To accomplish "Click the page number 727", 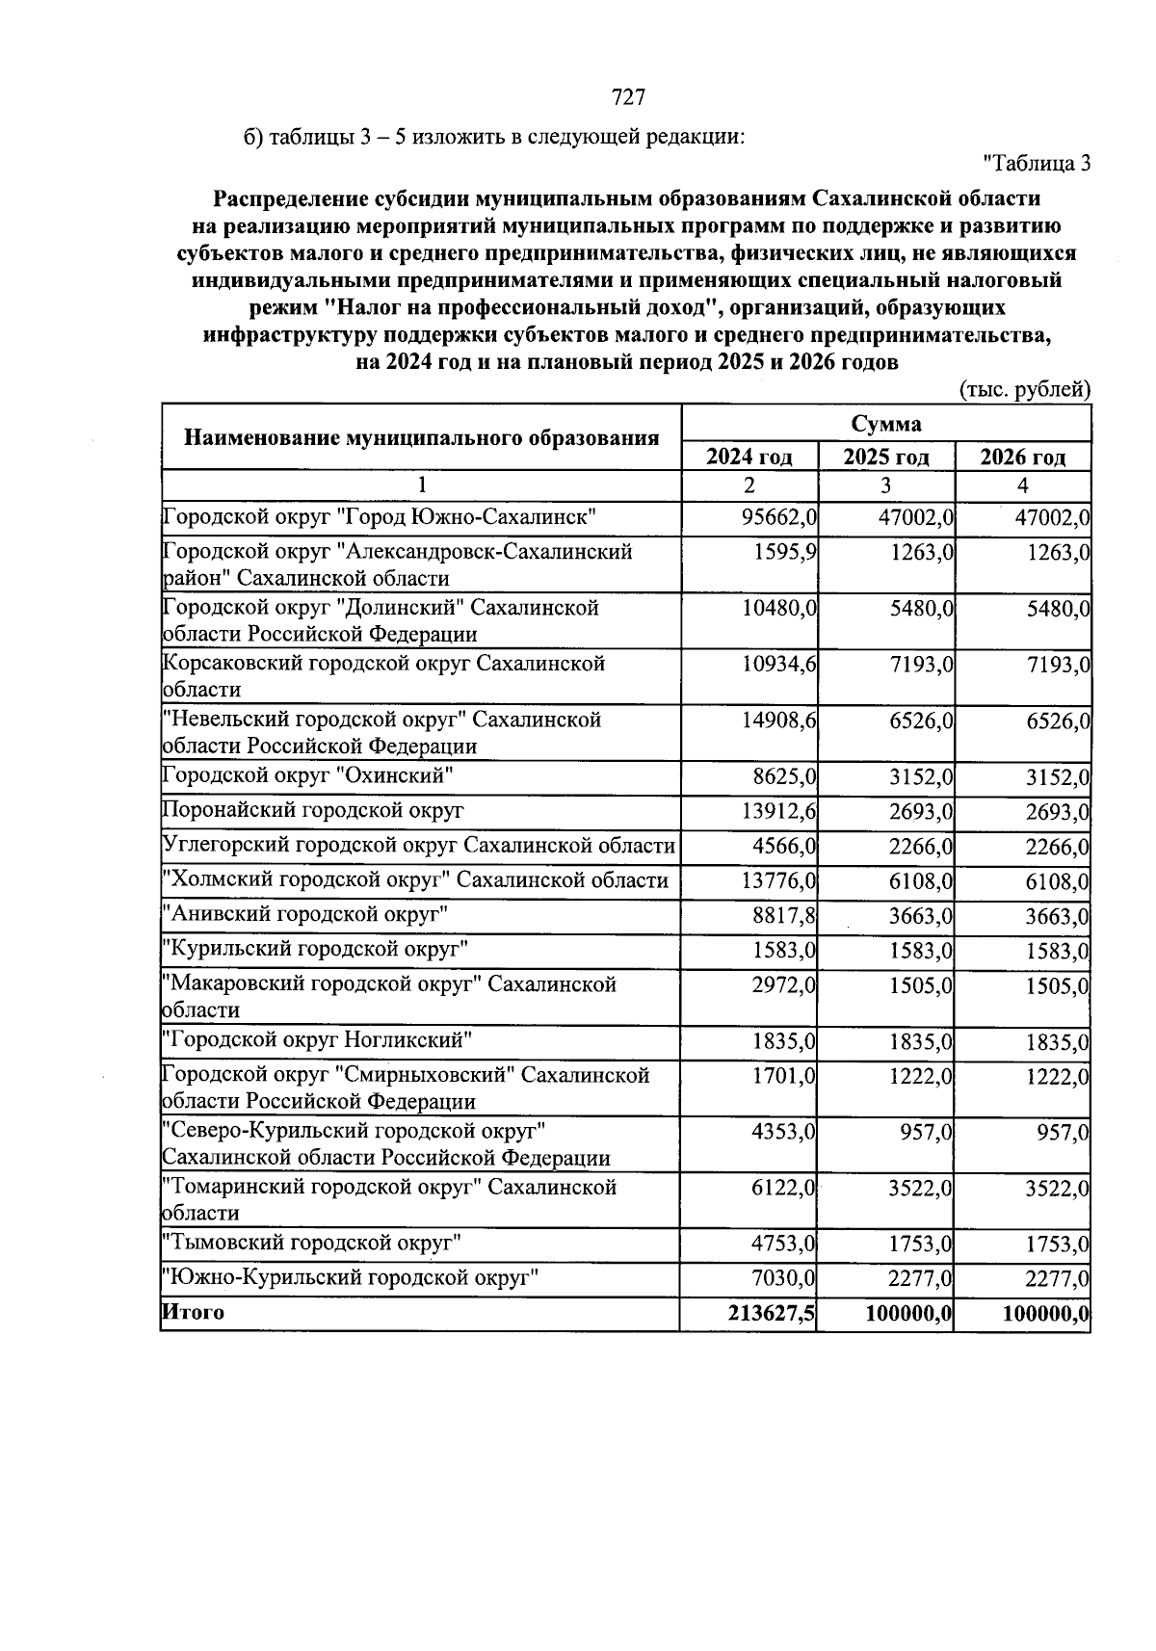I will click(x=627, y=97).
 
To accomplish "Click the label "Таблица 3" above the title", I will click(x=1037, y=164).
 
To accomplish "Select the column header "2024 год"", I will click(x=749, y=457).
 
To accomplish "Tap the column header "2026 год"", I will click(x=1022, y=457).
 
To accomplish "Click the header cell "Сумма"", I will click(x=885, y=424).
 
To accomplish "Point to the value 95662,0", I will click(x=778, y=518).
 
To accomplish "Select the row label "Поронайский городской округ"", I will click(x=313, y=811).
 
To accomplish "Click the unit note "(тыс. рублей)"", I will click(x=1025, y=390).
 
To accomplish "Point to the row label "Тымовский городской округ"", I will click(x=311, y=1244).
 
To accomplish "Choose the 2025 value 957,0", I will click(x=927, y=1133).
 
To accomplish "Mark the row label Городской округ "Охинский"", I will click(x=307, y=776).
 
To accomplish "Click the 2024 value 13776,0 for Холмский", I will click(x=778, y=881).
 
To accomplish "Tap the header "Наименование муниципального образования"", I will click(x=421, y=438).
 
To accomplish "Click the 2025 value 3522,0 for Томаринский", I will click(x=920, y=1189).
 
